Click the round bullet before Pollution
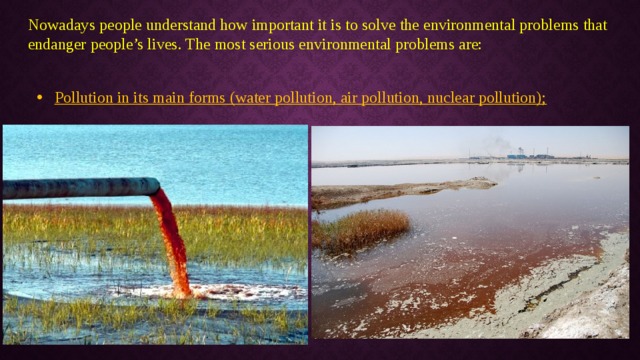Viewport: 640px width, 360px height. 37,98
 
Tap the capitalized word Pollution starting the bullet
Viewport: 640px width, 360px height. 83,98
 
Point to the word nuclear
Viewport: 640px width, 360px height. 455,98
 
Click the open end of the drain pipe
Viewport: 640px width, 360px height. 156,186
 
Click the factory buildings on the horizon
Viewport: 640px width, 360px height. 529,155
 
